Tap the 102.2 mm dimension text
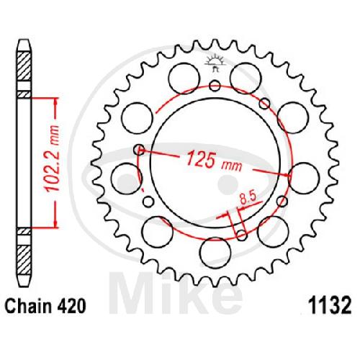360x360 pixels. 52,158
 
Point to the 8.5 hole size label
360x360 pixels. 248,199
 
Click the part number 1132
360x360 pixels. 330,306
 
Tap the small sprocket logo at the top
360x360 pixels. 215,63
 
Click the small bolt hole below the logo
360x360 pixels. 215,86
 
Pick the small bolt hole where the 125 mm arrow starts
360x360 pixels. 139,150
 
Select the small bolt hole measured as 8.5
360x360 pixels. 241,235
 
